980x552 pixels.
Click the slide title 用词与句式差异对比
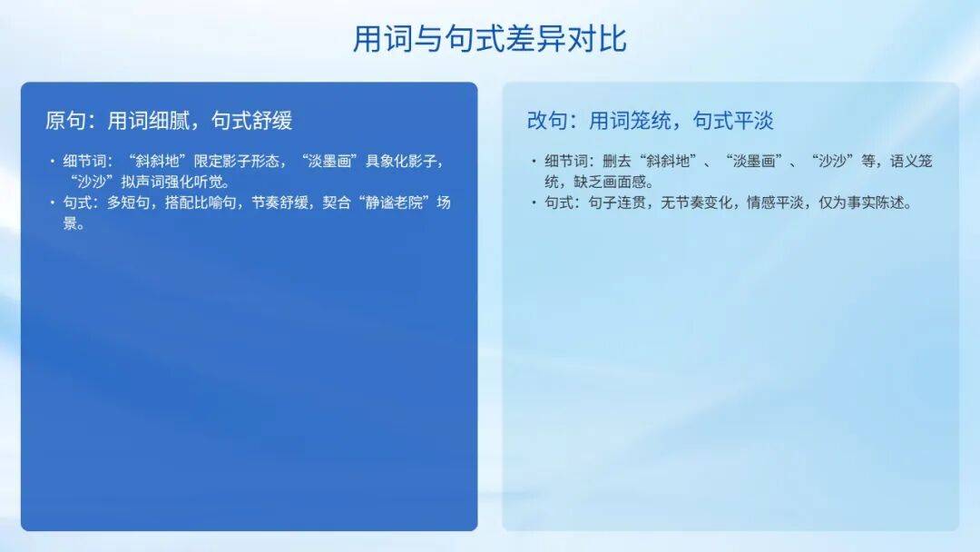(489, 39)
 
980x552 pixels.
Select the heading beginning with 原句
(169, 120)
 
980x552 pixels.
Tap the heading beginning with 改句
(650, 120)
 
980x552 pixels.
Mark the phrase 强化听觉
(193, 182)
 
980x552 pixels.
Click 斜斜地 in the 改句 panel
(668, 162)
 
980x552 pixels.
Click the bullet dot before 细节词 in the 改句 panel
(534, 162)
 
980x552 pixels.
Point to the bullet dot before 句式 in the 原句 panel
(53, 202)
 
